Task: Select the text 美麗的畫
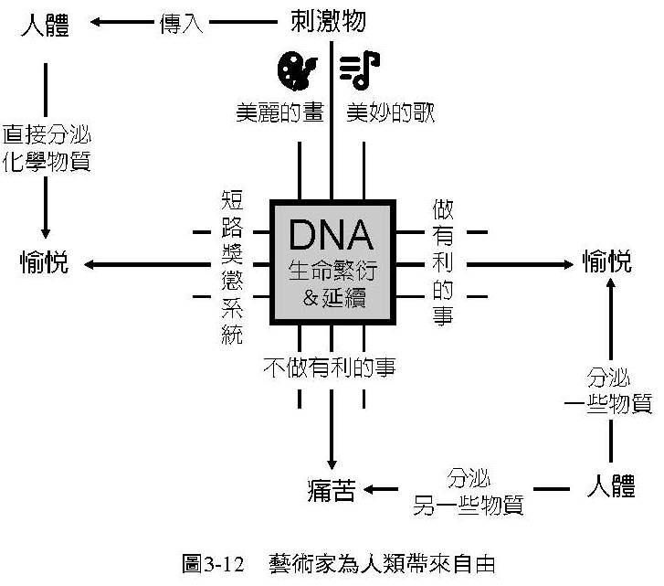(273, 113)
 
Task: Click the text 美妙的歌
(390, 113)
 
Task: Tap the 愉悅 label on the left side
(44, 263)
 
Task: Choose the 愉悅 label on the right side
(607, 263)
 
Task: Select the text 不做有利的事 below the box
(334, 366)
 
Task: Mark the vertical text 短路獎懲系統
(233, 267)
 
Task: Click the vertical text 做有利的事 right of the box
(442, 264)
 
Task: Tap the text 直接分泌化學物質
(47, 148)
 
